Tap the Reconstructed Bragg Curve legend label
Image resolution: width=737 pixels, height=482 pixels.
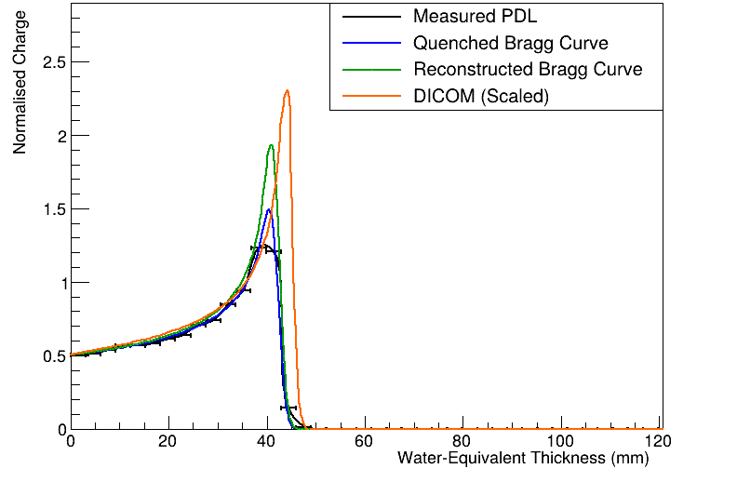pos(528,69)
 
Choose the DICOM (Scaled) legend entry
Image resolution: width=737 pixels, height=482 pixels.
pos(480,95)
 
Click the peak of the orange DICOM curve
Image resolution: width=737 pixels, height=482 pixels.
pos(287,90)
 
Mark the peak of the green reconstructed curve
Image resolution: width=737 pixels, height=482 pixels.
pos(271,145)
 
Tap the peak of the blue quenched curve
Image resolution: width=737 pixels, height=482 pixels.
pos(269,209)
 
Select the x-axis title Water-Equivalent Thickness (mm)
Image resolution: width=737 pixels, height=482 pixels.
pos(522,458)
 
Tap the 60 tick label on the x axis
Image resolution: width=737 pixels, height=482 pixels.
pos(365,442)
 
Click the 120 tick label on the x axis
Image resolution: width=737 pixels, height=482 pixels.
pos(658,442)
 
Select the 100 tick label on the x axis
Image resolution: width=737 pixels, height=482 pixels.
pos(561,442)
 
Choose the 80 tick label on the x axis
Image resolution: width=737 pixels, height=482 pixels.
pos(463,442)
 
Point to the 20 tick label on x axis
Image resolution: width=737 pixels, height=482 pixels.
pos(168,442)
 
